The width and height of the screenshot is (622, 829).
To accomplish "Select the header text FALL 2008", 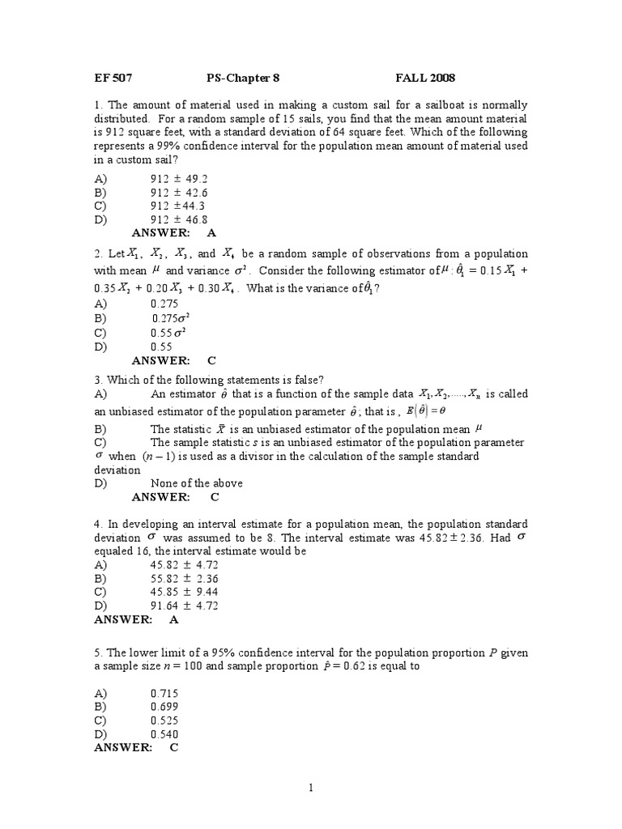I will coord(425,79).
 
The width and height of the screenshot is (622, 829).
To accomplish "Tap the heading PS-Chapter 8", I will coord(242,79).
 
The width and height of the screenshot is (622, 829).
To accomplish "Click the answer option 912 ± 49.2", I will coord(179,179).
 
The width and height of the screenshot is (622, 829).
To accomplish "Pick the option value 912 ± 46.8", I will coord(179,219).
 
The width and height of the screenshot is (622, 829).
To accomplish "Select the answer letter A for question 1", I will coord(212,232).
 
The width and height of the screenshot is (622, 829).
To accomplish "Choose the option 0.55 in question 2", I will coord(163,346).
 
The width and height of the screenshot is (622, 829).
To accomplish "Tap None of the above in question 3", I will coord(197,483).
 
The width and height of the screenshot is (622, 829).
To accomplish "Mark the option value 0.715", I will coord(164,693).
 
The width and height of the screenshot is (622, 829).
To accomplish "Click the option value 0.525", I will coord(164,721).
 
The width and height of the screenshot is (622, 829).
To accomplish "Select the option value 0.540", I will coord(164,734).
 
